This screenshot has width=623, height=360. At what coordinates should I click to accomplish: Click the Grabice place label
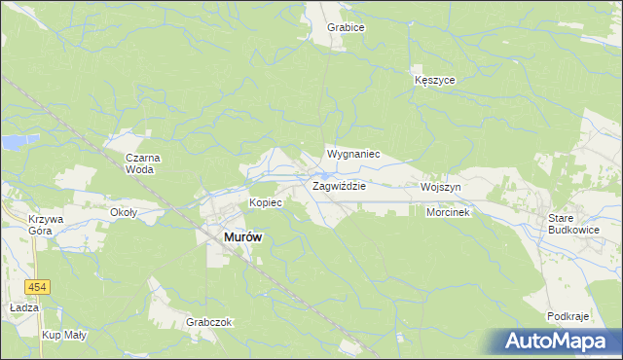(346, 28)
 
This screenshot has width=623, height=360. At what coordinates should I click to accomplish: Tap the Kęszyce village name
(434, 81)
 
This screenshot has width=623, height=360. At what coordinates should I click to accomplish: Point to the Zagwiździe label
(338, 186)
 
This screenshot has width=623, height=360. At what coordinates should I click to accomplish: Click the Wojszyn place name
(440, 186)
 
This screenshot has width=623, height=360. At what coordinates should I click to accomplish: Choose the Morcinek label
(448, 212)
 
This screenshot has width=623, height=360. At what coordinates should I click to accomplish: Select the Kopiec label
(266, 202)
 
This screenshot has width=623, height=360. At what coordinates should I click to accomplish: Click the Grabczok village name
(209, 322)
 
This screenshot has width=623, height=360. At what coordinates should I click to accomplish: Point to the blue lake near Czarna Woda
(13, 144)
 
